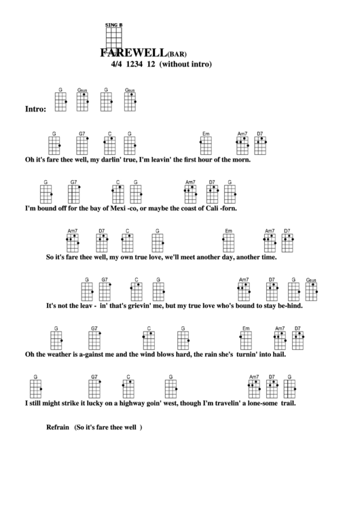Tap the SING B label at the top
(x=113, y=25)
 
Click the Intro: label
(x=35, y=109)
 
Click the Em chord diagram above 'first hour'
(x=206, y=145)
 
